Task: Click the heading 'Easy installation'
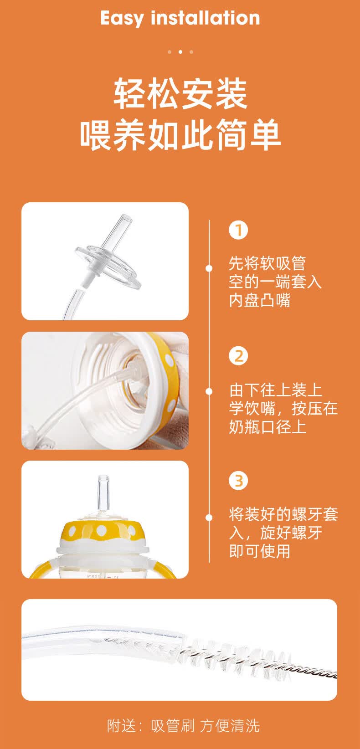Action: [180, 18]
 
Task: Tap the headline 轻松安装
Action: [180, 93]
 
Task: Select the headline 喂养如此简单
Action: [180, 135]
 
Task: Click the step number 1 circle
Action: [238, 230]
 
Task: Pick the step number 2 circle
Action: [238, 355]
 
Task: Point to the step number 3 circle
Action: [238, 481]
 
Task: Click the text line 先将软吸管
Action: [267, 263]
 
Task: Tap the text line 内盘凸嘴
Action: [259, 300]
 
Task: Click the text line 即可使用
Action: [259, 551]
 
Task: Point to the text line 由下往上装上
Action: [275, 390]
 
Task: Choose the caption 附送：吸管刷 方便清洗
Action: [183, 725]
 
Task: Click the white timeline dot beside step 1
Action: [209, 268]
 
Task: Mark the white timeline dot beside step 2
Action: [209, 391]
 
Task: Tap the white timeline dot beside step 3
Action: [209, 517]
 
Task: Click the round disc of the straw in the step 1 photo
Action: [109, 267]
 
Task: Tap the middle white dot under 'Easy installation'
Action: [180, 52]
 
